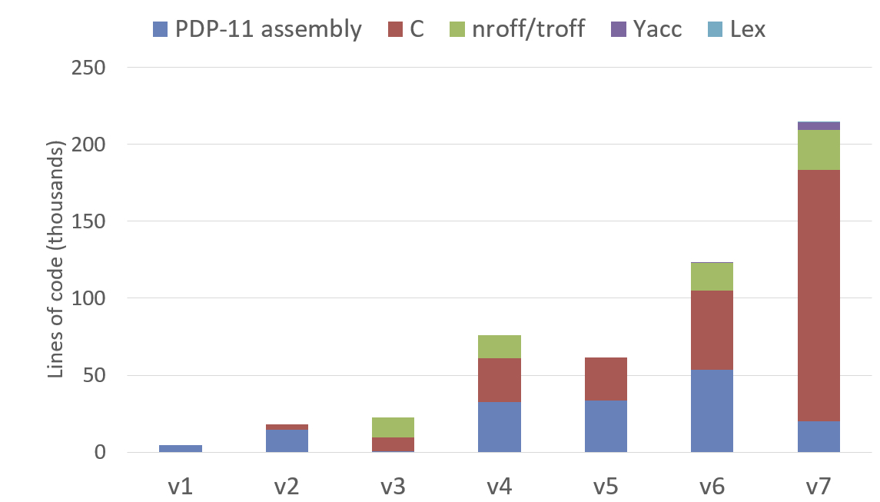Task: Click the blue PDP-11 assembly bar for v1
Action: coord(181,448)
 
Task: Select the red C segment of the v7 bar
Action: coord(819,295)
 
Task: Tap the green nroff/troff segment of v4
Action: coord(500,347)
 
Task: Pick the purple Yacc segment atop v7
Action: coord(819,126)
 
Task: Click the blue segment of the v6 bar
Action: coord(712,411)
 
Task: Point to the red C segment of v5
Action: coord(606,379)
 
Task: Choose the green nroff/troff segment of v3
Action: coord(393,427)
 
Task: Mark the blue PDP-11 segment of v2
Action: coord(287,440)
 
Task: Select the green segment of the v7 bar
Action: coord(819,150)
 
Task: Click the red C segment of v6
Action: coord(712,330)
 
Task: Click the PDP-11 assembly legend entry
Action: coord(257,29)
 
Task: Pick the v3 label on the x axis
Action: coord(393,486)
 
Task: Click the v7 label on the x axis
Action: coord(819,486)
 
